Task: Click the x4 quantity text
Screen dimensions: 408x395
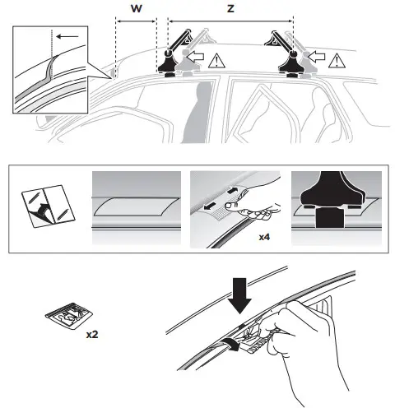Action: (265, 236)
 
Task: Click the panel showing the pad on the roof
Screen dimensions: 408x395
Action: (136, 206)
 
